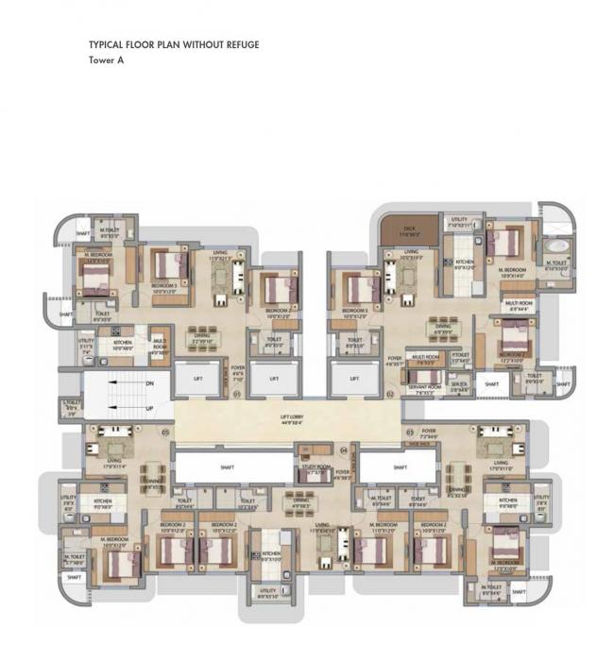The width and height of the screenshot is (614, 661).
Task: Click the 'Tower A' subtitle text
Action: click(106, 59)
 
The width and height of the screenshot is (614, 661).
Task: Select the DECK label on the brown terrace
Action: click(409, 228)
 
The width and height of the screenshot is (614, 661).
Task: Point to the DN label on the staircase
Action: click(150, 384)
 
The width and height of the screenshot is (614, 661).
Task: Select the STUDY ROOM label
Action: click(315, 466)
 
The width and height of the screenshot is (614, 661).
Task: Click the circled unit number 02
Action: click(389, 394)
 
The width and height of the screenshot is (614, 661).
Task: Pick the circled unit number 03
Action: click(409, 432)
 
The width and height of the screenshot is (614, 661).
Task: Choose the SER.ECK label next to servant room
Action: click(460, 384)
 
